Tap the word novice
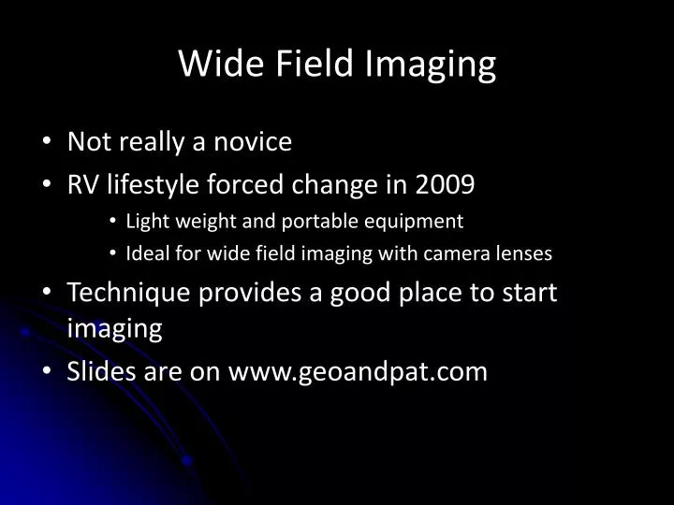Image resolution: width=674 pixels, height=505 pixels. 252,142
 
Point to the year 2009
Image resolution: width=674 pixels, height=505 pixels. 445,185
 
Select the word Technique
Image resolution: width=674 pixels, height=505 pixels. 126,292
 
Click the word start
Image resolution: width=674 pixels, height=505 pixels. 531,292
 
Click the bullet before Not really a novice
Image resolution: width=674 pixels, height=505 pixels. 48,143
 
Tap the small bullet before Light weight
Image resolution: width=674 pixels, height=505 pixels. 112,223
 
